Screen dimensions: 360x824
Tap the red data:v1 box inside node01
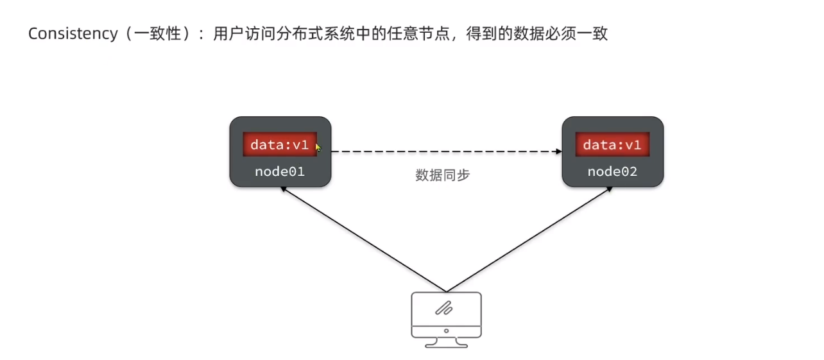pos(280,145)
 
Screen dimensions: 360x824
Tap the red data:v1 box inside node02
pos(612,145)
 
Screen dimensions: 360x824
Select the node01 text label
pos(280,171)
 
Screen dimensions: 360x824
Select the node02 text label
pos(612,171)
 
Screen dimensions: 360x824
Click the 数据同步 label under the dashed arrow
pos(443,175)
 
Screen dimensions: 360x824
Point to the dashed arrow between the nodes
pos(436,151)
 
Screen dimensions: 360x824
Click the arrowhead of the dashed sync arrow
pos(558,151)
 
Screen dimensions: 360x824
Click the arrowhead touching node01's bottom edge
pos(282,190)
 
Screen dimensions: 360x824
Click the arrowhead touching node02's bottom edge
pos(609,190)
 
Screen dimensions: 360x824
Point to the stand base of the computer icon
pos(446,344)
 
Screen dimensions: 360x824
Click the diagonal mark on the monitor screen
pos(444,309)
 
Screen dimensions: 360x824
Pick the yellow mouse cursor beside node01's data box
pos(318,147)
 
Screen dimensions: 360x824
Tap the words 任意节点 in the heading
pos(418,34)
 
